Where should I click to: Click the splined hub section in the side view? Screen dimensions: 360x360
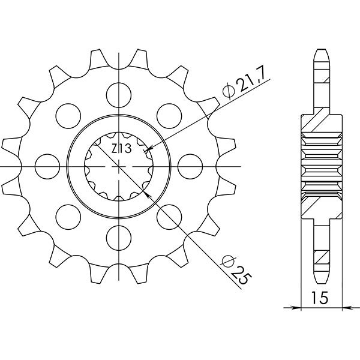coord(321,163)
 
